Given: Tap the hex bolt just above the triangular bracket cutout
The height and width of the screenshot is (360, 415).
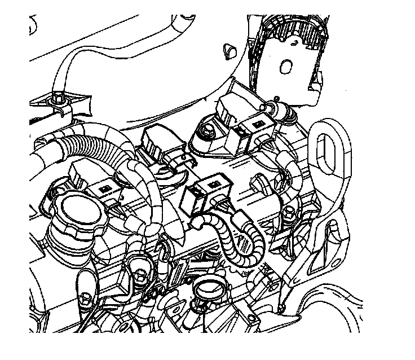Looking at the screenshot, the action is pos(289,213).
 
